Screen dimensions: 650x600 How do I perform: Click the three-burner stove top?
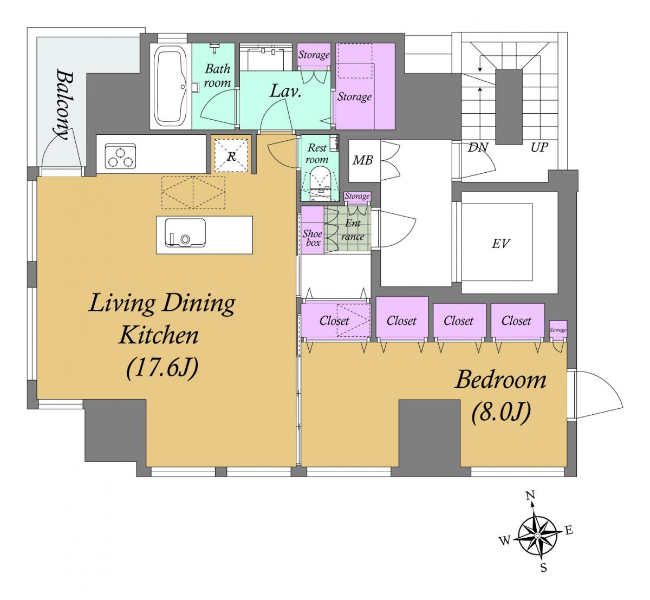click(x=120, y=156)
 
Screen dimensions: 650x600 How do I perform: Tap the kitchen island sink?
click(x=185, y=233)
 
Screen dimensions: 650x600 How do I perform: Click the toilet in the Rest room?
click(x=321, y=181)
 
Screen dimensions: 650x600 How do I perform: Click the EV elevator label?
click(x=500, y=244)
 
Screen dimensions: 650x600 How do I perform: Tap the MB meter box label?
click(x=362, y=160)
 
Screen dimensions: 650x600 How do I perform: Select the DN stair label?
click(x=478, y=148)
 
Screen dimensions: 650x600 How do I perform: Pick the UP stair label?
click(x=539, y=148)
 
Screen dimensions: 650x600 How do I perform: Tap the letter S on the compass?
click(x=544, y=568)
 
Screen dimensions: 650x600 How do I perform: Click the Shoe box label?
click(x=313, y=238)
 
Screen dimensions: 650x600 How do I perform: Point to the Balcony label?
click(x=63, y=104)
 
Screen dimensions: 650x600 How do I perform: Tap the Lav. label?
click(x=285, y=91)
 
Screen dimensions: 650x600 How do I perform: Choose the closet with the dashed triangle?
click(x=336, y=321)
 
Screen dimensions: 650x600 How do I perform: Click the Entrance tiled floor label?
click(x=353, y=230)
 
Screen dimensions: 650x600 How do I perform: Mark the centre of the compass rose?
click(x=537, y=535)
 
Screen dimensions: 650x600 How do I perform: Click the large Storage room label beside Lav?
click(x=354, y=96)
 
